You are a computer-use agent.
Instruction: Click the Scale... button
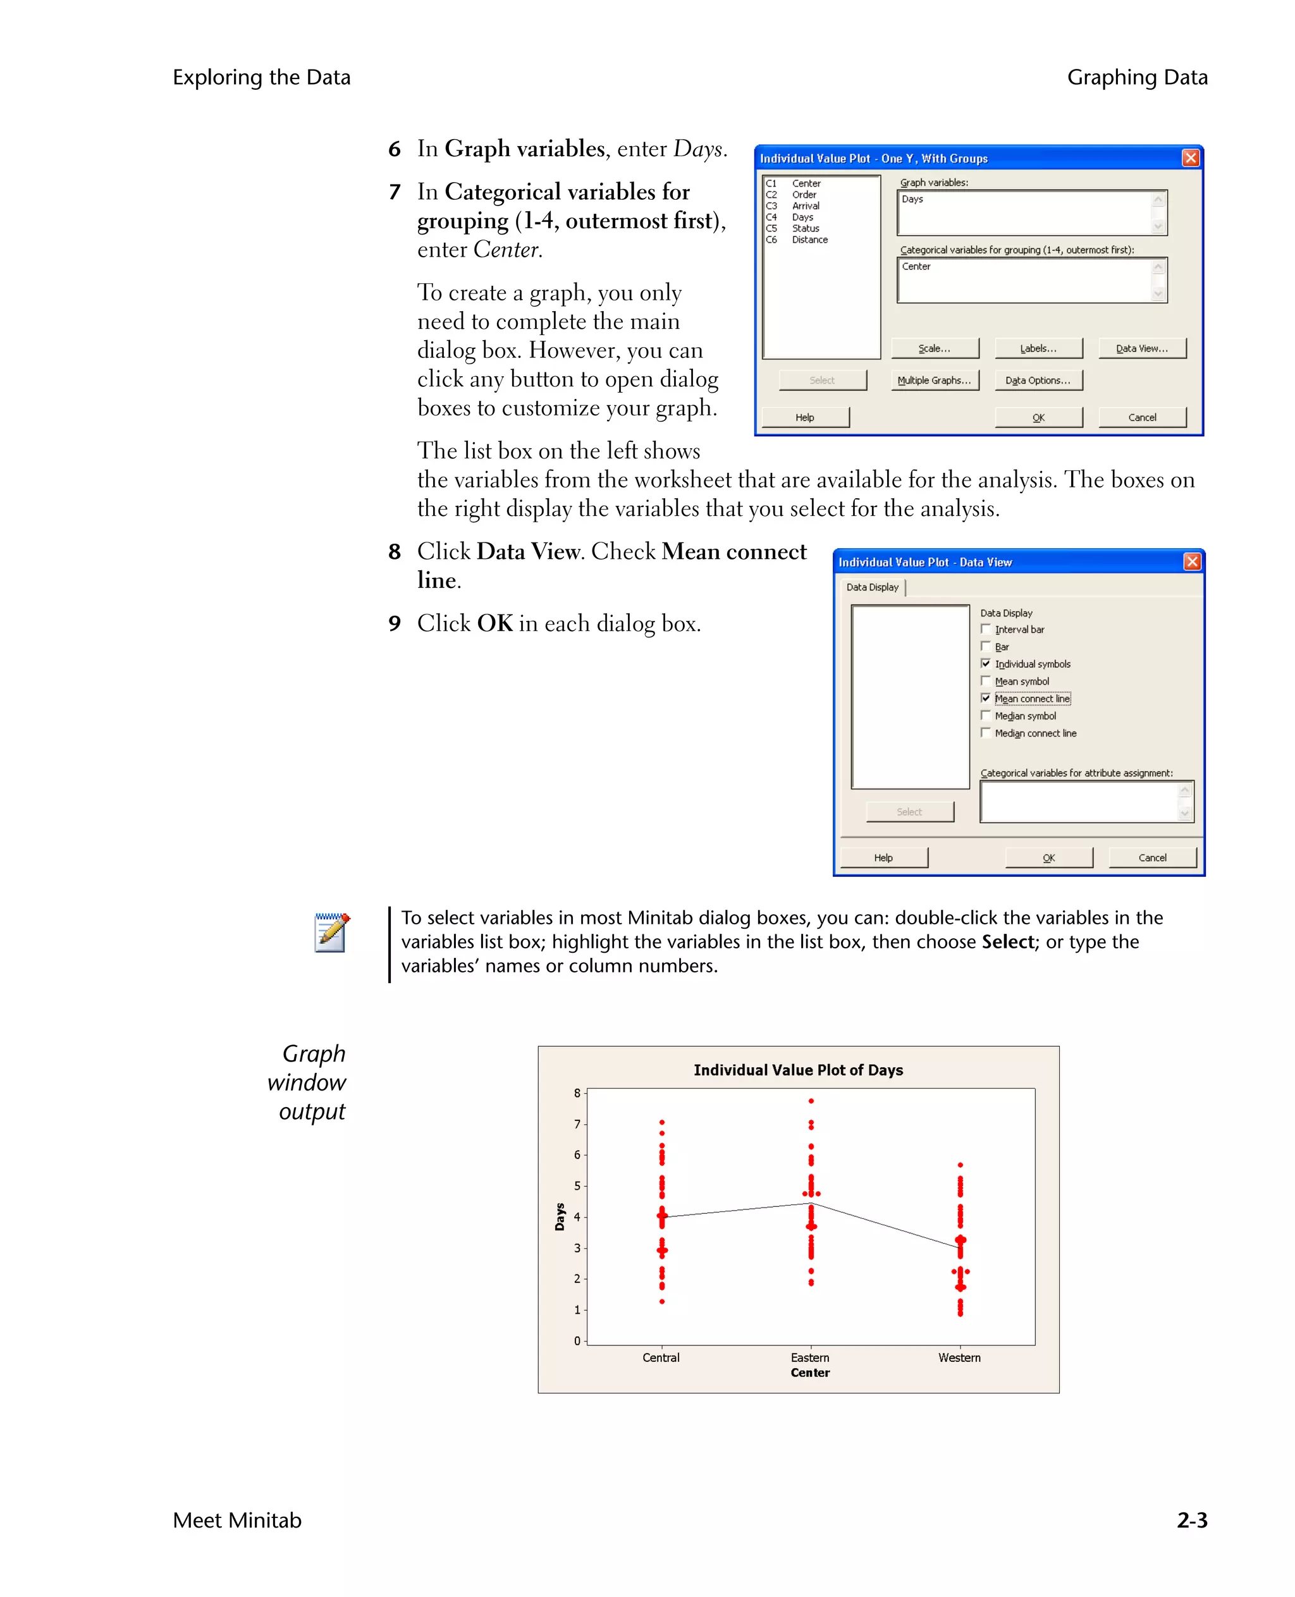[934, 348]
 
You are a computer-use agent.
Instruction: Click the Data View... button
[1141, 348]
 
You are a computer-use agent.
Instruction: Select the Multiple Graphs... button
[934, 381]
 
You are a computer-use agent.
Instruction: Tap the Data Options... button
[1038, 381]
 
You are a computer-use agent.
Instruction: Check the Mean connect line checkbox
[985, 698]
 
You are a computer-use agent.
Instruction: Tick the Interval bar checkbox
[985, 629]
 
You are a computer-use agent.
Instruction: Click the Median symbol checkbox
[985, 715]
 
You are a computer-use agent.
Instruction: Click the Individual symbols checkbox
[985, 663]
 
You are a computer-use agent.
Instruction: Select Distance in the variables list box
[809, 240]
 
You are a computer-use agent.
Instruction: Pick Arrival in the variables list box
[806, 206]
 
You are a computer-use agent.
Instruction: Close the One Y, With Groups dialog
[1191, 157]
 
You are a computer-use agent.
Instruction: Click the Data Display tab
[872, 587]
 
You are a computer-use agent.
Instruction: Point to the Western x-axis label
[959, 1357]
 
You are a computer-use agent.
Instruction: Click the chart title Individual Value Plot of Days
[797, 1070]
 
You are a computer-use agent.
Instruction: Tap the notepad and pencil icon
[331, 933]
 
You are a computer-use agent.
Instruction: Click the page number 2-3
[1191, 1520]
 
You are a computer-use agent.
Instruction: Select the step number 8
[395, 552]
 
